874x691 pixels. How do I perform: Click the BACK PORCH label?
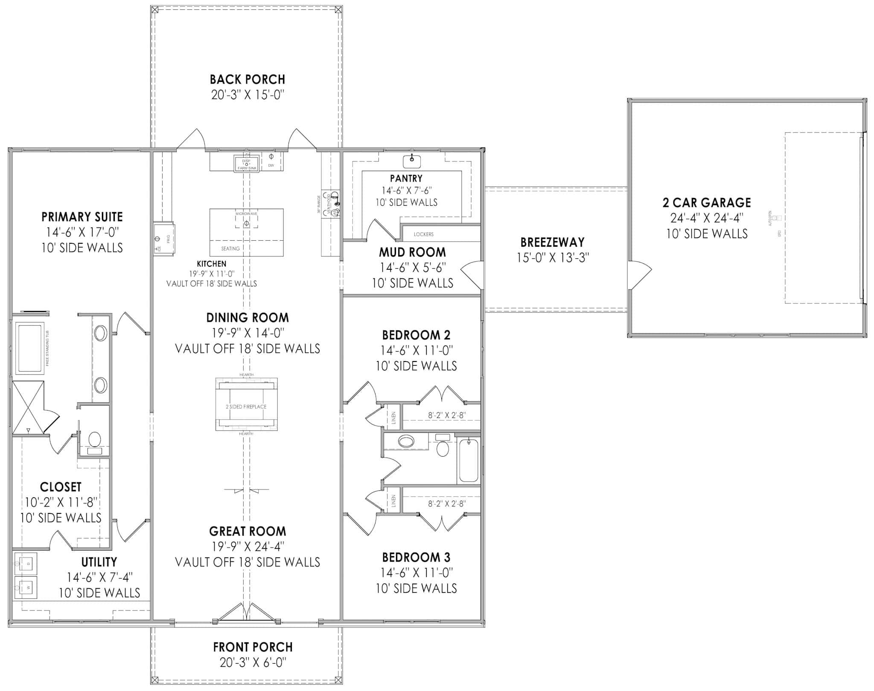(x=247, y=79)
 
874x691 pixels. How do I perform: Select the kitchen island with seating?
(x=246, y=232)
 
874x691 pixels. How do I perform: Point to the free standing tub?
(x=30, y=348)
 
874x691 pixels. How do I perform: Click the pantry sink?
(x=412, y=161)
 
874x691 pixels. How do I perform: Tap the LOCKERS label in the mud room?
(x=423, y=234)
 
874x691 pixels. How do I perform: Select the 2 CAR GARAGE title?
(x=706, y=202)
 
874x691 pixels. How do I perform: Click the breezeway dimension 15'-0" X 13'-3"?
(x=553, y=258)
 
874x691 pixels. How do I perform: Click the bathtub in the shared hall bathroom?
(x=468, y=460)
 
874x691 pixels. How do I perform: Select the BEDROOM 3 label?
(x=416, y=557)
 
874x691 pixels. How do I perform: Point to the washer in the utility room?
(x=26, y=587)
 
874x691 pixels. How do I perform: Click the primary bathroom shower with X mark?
(x=28, y=407)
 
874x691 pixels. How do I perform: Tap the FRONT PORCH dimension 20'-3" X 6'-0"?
(x=253, y=662)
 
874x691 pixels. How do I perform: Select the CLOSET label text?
(x=61, y=487)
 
